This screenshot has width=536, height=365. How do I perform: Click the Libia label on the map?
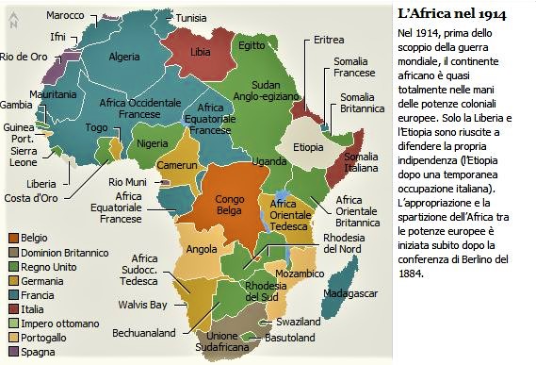click(x=201, y=51)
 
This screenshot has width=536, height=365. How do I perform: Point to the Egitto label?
click(x=252, y=45)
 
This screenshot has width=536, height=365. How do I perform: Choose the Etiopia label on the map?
click(x=309, y=148)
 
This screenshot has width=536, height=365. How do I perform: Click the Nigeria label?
click(x=152, y=144)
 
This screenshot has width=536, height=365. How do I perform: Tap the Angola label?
click(x=203, y=250)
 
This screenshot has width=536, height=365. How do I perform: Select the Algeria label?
click(x=125, y=56)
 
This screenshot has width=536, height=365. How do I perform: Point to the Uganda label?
click(x=268, y=162)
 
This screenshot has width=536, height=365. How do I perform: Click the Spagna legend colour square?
click(x=12, y=352)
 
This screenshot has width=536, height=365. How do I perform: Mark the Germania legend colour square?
click(x=12, y=281)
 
